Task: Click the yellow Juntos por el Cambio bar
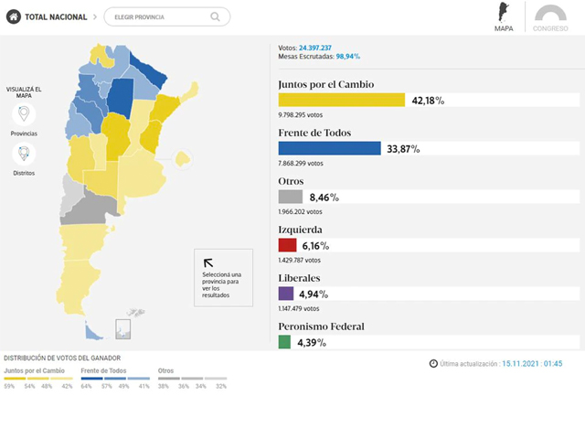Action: click(341, 101)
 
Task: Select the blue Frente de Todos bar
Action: click(329, 148)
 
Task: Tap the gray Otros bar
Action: click(290, 197)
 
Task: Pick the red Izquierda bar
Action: click(287, 245)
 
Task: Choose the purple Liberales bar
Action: click(286, 294)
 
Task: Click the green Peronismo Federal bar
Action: click(284, 342)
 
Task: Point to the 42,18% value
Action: click(428, 101)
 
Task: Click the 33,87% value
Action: click(403, 148)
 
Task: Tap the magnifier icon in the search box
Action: click(215, 16)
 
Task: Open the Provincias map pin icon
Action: click(24, 115)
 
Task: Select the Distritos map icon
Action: click(24, 155)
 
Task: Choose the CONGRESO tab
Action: click(551, 18)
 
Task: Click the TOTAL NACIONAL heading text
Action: click(57, 16)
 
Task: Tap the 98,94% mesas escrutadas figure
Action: click(347, 57)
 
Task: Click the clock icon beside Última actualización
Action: click(433, 363)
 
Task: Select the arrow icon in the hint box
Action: click(208, 262)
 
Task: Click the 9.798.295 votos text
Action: click(303, 115)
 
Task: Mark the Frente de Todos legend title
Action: click(103, 371)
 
